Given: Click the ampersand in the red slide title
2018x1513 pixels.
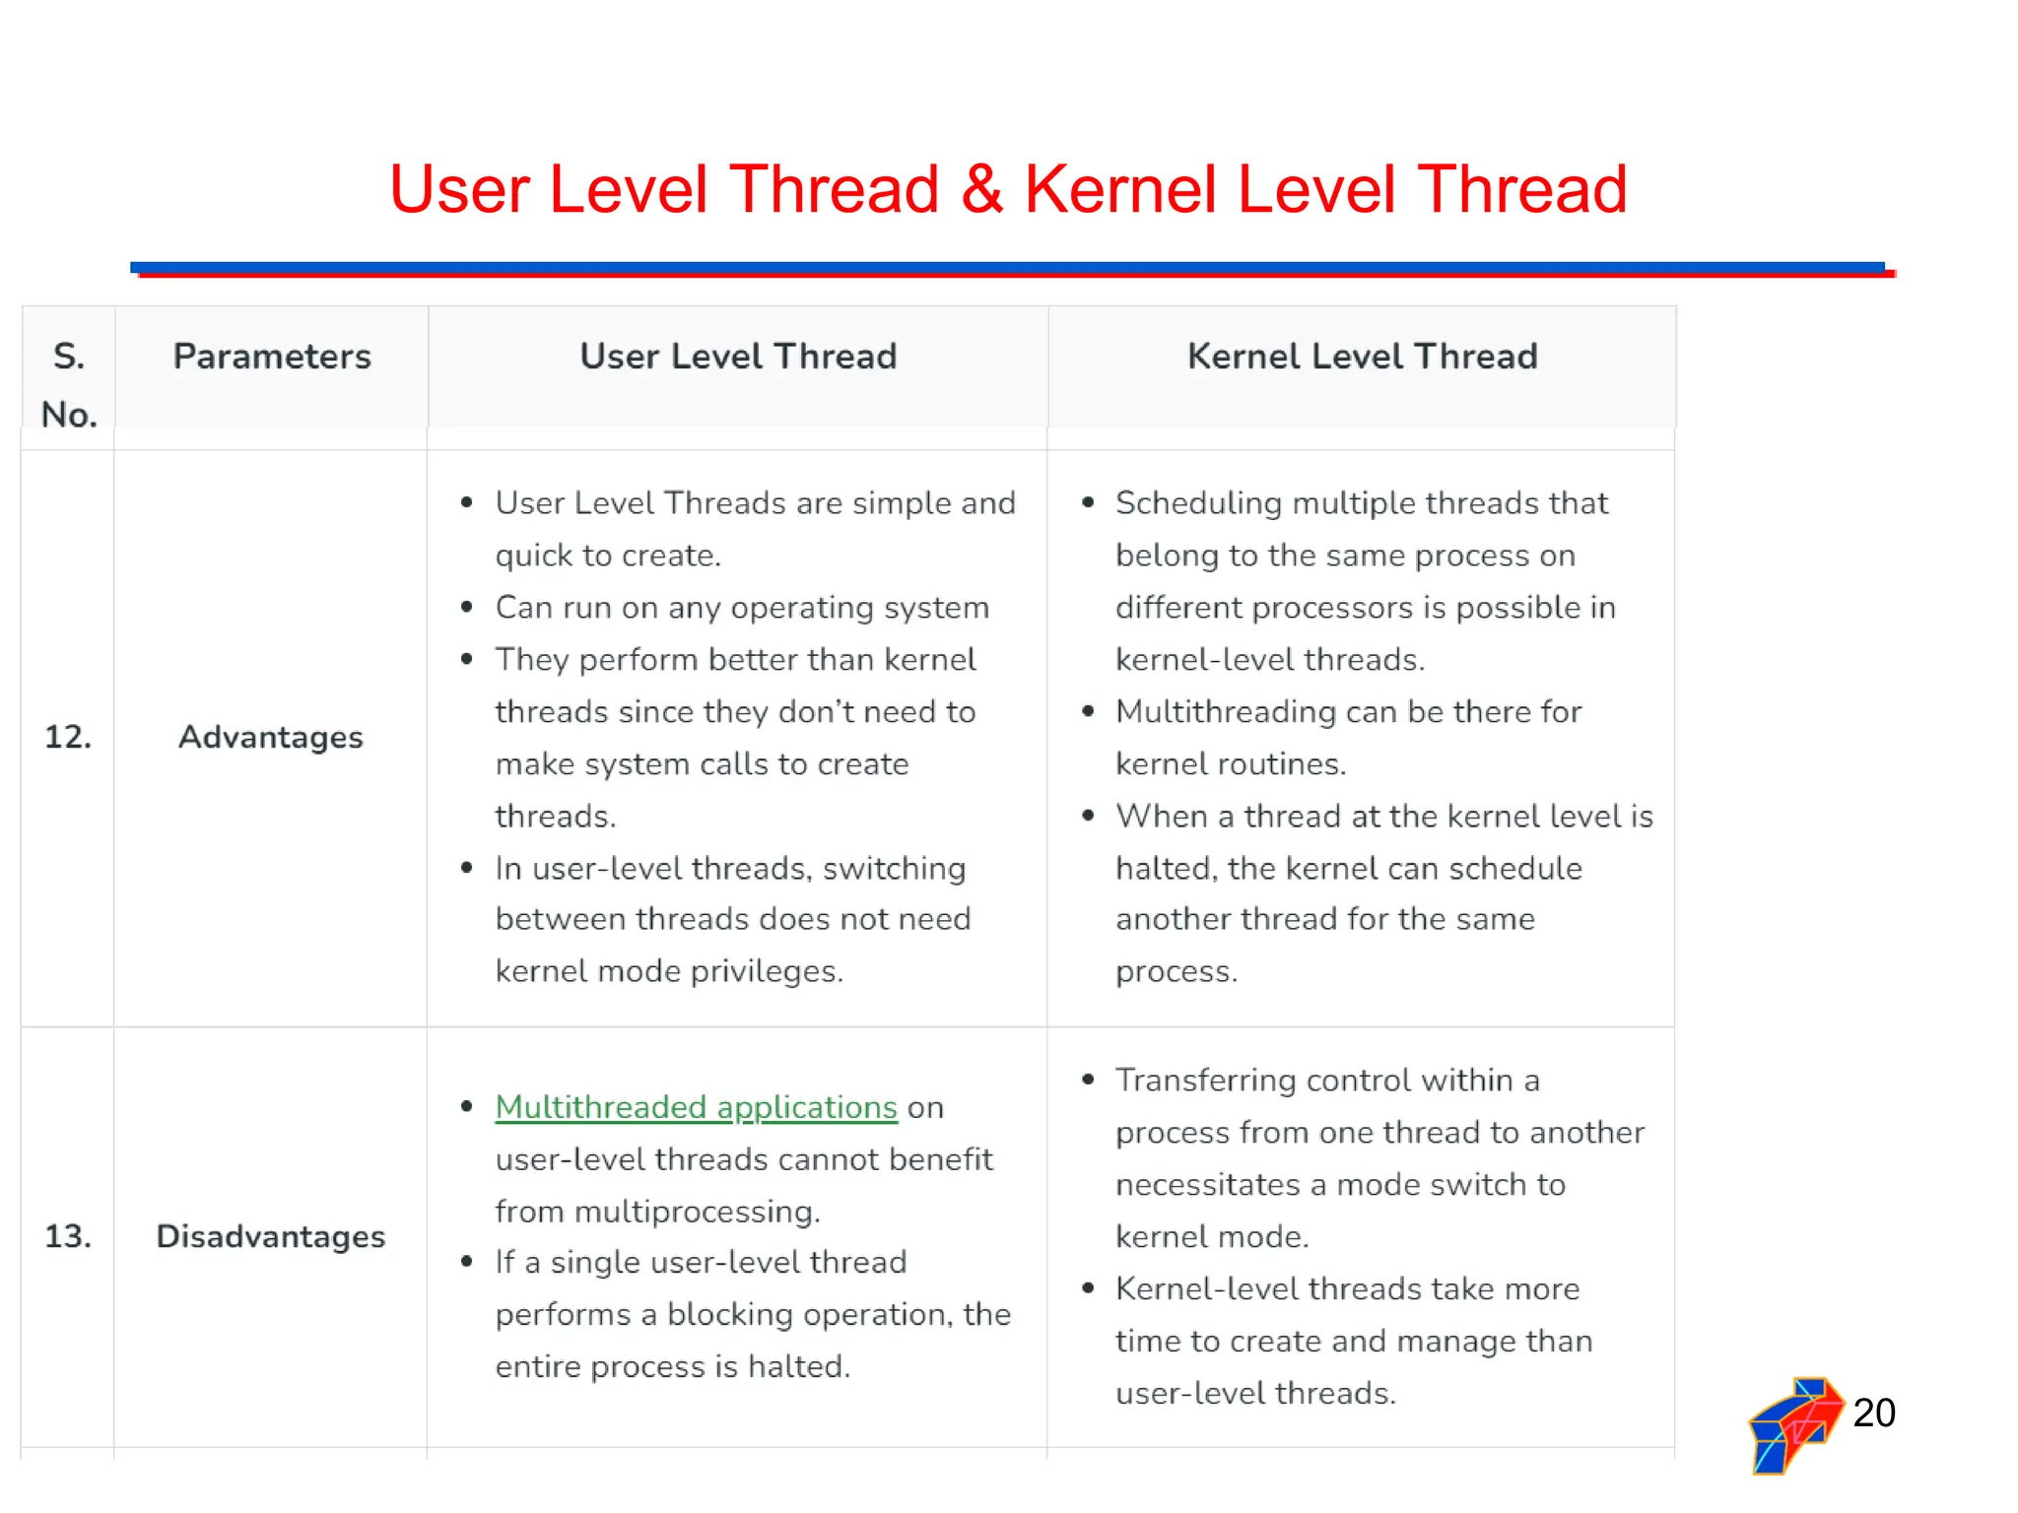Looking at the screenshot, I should click(x=982, y=189).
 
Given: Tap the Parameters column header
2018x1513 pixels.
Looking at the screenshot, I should click(x=272, y=357).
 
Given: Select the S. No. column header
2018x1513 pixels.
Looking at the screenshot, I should click(x=69, y=384).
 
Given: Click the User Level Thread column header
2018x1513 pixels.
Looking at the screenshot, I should click(x=738, y=357).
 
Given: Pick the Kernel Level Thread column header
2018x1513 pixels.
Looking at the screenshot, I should click(x=1362, y=357).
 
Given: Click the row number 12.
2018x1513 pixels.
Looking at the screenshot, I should click(x=68, y=737).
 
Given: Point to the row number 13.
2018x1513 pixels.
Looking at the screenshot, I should click(x=68, y=1236).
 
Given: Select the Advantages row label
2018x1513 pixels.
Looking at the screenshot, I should click(x=271, y=737).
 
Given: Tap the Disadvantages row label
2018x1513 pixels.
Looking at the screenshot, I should click(x=271, y=1236).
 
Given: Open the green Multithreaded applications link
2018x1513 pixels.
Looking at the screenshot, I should click(x=696, y=1107).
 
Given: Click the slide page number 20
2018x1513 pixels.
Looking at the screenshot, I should click(x=1873, y=1413).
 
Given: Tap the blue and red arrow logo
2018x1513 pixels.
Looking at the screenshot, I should click(x=1793, y=1425).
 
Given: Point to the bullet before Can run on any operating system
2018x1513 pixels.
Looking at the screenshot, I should click(x=467, y=608).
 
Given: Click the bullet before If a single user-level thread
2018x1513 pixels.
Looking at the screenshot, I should click(x=467, y=1263).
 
